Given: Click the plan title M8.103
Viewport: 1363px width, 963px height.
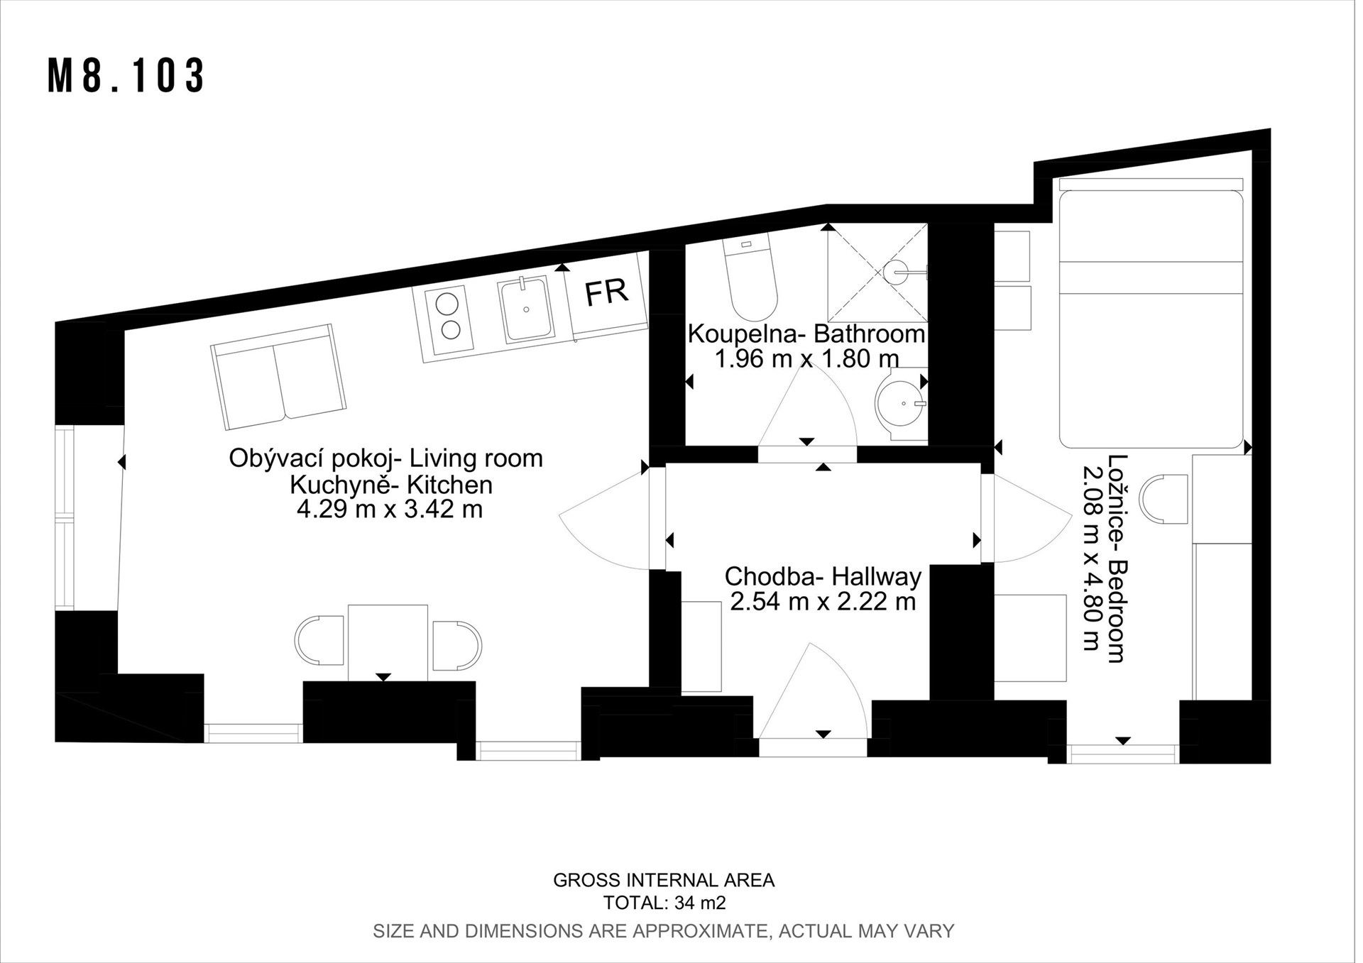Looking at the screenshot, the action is tap(126, 75).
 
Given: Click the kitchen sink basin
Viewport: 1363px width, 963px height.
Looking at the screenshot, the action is tap(526, 309).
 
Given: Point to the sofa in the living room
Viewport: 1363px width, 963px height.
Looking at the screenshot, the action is tap(279, 376).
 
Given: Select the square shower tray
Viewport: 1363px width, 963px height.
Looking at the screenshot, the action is tap(877, 273).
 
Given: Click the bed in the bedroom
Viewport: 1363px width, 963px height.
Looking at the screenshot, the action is tap(1151, 313).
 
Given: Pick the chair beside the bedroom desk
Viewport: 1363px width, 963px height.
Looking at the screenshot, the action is tap(1164, 500).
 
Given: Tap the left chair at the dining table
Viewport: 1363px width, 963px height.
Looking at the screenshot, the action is tap(319, 641).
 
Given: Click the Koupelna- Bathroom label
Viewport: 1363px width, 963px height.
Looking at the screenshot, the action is tap(806, 334).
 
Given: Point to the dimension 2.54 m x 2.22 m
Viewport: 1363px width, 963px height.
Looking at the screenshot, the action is tap(823, 602).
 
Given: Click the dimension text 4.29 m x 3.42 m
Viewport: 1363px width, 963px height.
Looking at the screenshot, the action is tap(389, 510).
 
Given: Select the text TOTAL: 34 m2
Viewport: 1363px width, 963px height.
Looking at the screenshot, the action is tap(664, 903).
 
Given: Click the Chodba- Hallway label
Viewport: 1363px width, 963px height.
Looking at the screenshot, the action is tap(823, 576).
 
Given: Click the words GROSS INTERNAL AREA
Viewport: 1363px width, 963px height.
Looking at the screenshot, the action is tap(664, 881).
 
